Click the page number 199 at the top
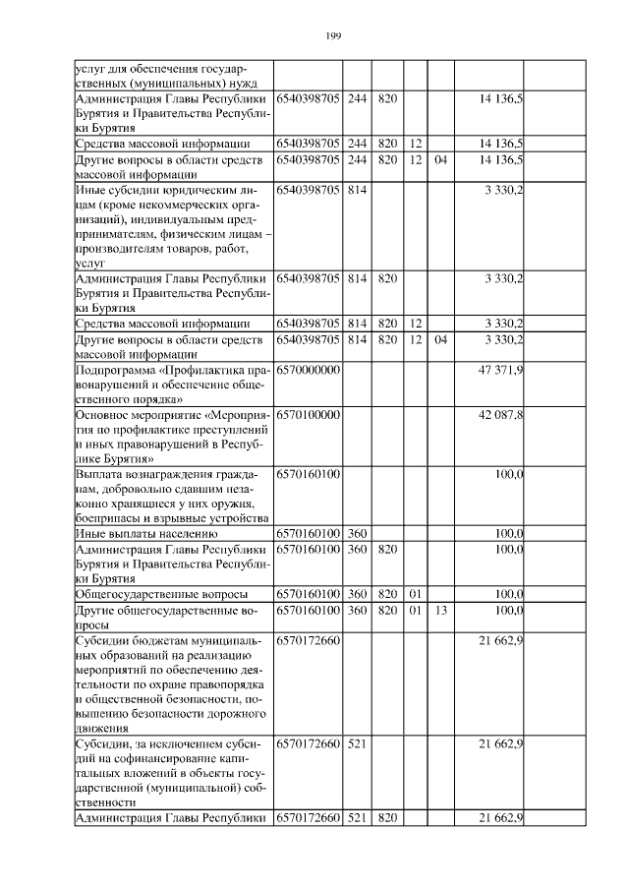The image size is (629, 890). click(332, 36)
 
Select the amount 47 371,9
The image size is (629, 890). click(500, 369)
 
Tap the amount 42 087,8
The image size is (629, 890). click(500, 415)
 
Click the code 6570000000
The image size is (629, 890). click(308, 369)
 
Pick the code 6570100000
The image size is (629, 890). click(308, 415)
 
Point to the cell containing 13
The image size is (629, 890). click(440, 611)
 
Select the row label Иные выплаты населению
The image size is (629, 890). click(139, 534)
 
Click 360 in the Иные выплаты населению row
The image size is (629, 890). click(356, 534)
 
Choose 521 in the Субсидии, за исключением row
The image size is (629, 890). click(356, 745)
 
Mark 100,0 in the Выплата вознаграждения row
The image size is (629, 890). click(508, 474)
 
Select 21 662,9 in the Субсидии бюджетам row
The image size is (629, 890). click(500, 641)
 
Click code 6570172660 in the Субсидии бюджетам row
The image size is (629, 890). click(308, 641)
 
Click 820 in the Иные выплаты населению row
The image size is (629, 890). click(387, 534)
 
